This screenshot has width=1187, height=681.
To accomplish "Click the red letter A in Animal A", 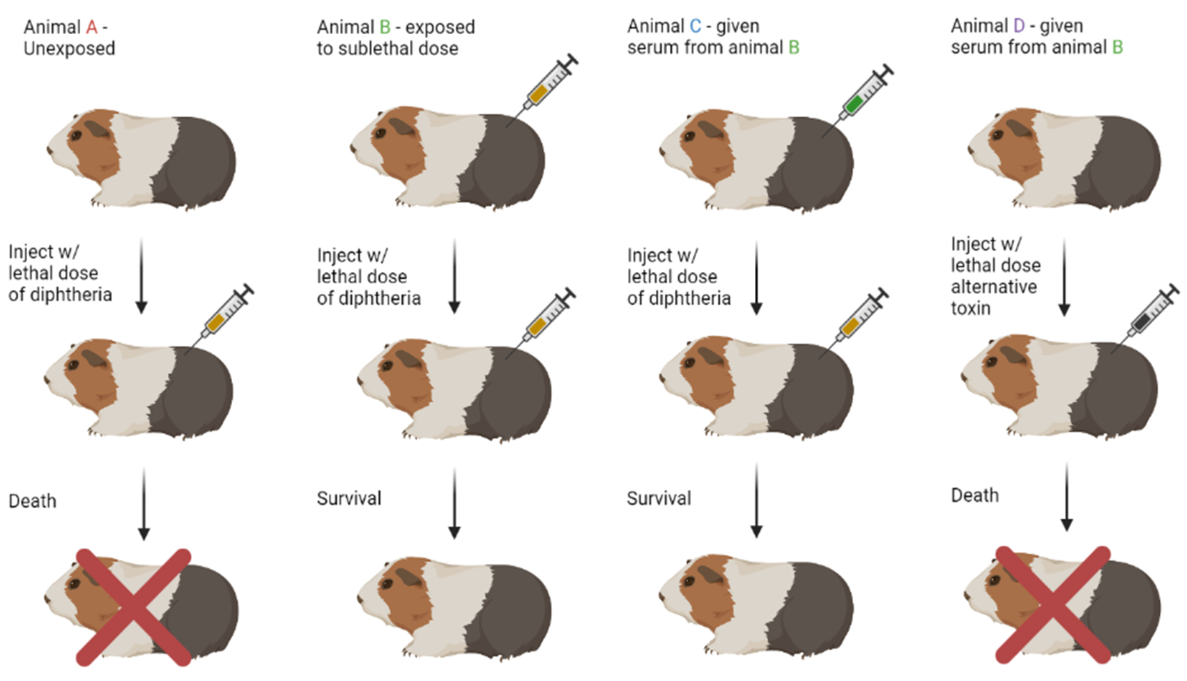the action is point(91,27).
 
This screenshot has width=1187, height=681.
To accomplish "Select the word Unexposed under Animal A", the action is point(69,49).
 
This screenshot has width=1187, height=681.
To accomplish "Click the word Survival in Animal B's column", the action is point(349,498).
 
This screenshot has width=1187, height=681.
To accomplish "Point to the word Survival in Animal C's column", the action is point(659,498).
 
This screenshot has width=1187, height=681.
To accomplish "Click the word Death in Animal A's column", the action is point(32,501).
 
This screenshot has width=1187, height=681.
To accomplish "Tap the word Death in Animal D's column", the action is point(974,496).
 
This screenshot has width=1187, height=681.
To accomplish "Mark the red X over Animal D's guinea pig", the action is point(1052,604).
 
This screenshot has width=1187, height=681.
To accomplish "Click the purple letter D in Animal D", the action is point(1019,26).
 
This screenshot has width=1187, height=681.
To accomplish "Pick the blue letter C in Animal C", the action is point(695,26).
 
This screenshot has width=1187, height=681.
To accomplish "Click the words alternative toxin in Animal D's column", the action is point(993,297).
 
